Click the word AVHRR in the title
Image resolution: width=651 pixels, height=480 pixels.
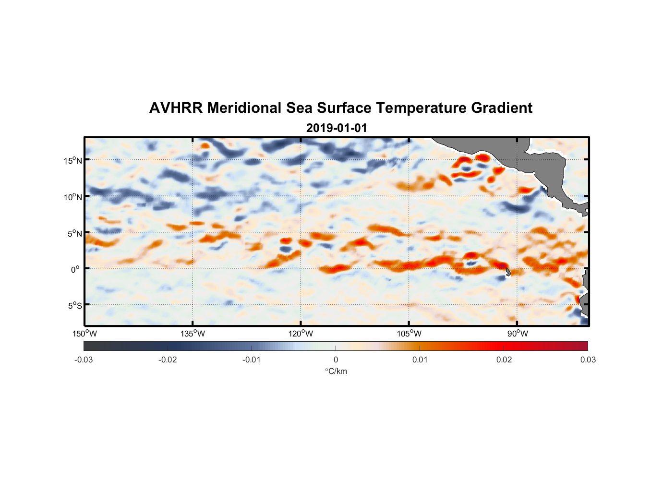click(x=176, y=108)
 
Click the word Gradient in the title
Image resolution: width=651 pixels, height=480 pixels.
click(x=502, y=108)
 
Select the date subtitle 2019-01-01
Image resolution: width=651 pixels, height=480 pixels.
click(x=337, y=128)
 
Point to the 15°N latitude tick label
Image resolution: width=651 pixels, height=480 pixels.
click(x=73, y=160)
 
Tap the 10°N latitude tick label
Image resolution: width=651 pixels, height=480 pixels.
click(x=73, y=197)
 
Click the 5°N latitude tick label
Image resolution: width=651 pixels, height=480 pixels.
click(x=74, y=233)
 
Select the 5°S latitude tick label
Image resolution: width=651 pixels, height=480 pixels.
click(x=74, y=306)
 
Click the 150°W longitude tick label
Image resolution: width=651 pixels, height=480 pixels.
click(x=85, y=334)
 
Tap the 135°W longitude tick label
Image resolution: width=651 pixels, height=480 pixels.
click(x=193, y=334)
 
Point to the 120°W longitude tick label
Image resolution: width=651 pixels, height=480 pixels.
click(x=301, y=334)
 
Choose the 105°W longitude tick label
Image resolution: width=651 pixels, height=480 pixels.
click(x=409, y=334)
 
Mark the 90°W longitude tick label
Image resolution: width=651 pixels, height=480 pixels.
click(x=518, y=334)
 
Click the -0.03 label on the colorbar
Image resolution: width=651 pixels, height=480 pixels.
click(x=84, y=360)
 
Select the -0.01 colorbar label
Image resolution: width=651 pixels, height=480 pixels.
click(x=252, y=360)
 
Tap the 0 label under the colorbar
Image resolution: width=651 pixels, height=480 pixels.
click(x=336, y=360)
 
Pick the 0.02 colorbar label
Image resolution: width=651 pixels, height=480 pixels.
click(x=504, y=360)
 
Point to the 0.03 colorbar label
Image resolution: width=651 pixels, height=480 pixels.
click(x=588, y=360)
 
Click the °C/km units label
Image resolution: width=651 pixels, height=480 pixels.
click(x=336, y=371)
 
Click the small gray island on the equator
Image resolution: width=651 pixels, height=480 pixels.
click(x=508, y=272)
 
